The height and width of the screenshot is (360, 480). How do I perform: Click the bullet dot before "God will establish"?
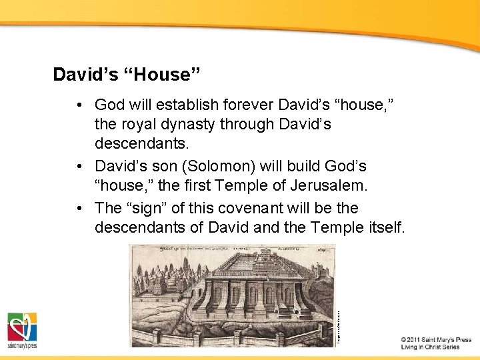point(79,105)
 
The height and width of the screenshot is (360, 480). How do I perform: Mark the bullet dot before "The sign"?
point(79,208)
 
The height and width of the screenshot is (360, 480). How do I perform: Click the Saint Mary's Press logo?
point(22,331)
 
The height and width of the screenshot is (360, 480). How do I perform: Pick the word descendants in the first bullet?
point(138,143)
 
